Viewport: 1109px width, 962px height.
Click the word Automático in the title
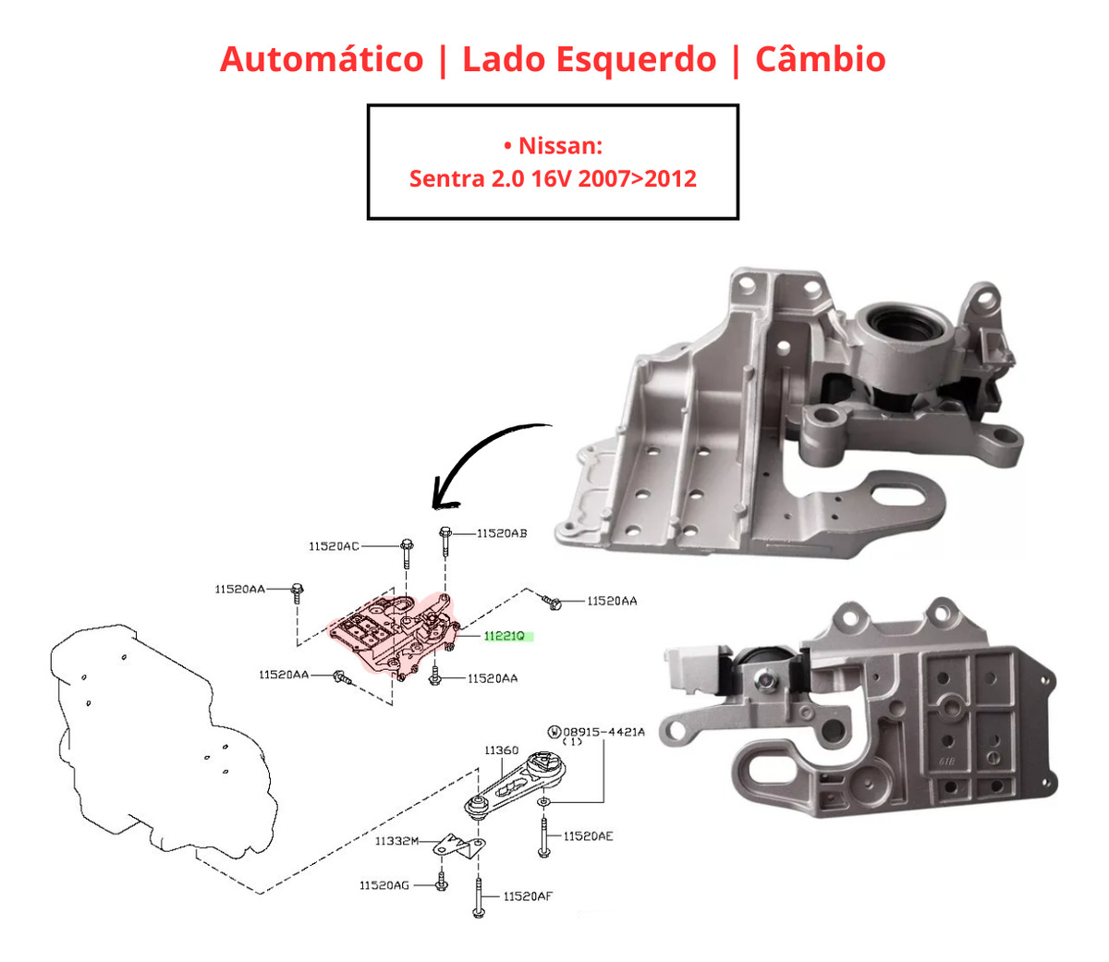pyautogui.click(x=321, y=59)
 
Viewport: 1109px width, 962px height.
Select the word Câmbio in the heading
pyautogui.click(x=820, y=59)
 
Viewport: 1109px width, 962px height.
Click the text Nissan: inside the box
pyautogui.click(x=560, y=145)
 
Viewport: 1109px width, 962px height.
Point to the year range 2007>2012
pyautogui.click(x=637, y=177)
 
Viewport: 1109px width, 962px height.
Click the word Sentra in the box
pyautogui.click(x=440, y=177)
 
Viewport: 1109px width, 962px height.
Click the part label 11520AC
pyautogui.click(x=334, y=546)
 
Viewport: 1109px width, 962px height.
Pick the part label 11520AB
pyautogui.click(x=502, y=533)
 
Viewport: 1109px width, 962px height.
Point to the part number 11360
pyautogui.click(x=502, y=750)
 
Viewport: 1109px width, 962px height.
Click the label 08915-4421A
pyautogui.click(x=603, y=732)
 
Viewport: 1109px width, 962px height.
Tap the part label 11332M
pyautogui.click(x=396, y=841)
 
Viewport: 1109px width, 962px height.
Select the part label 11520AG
pyautogui.click(x=384, y=885)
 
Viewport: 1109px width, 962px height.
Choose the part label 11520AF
pyautogui.click(x=528, y=895)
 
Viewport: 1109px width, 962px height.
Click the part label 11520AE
pyautogui.click(x=588, y=836)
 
